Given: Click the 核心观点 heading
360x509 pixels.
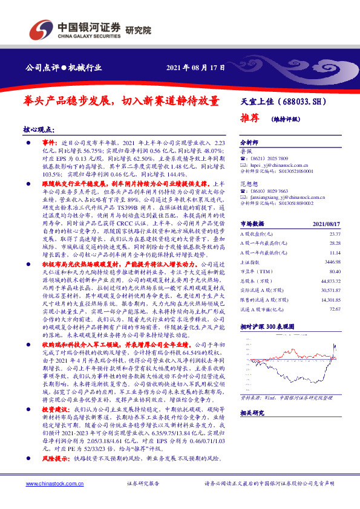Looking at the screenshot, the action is [x=38, y=129].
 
